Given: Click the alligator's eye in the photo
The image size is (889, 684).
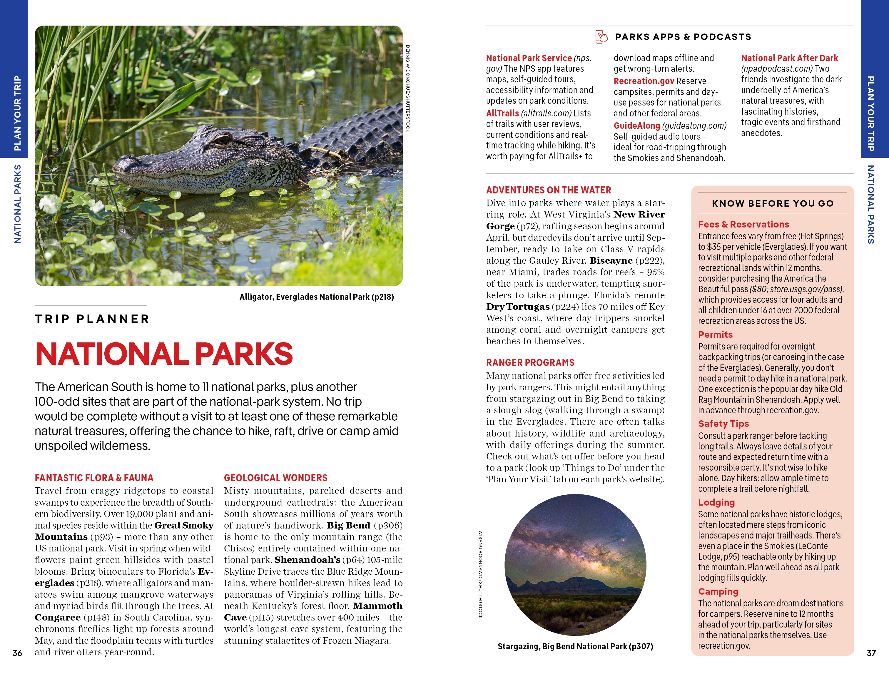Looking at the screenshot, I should [x=222, y=140].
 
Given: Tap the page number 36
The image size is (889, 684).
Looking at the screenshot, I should [x=17, y=653].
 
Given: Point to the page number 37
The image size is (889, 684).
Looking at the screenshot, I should [x=871, y=653].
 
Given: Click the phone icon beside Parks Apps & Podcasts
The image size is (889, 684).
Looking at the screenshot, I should [x=601, y=37].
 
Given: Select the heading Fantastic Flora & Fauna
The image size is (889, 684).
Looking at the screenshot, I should [x=94, y=478].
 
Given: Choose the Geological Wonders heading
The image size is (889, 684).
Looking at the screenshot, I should [x=275, y=478].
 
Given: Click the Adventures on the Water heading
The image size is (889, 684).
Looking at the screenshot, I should [x=548, y=190].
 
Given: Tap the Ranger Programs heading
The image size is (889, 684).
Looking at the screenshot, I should [x=530, y=362].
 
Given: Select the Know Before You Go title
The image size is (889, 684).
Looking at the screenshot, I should [x=773, y=203].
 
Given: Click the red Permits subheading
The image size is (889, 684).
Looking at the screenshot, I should [x=715, y=335].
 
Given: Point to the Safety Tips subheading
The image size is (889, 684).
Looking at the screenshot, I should [x=723, y=424].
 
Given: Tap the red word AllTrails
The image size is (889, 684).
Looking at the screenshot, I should [x=502, y=113].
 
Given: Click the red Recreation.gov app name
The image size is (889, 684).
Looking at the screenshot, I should [x=644, y=81].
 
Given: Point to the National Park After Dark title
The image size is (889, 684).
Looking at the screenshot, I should [x=789, y=58].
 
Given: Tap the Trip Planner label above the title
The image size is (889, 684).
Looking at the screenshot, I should [x=92, y=319].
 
